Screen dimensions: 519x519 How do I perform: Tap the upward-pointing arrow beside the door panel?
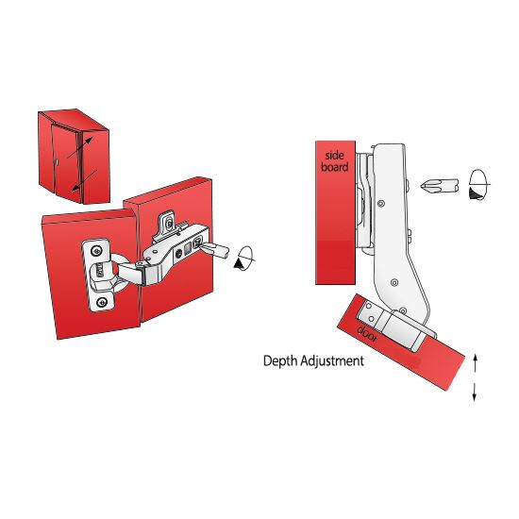tap(474, 360)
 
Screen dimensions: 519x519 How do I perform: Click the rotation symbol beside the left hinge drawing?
tap(246, 258)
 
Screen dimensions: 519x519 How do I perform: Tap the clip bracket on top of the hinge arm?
tap(168, 223)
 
